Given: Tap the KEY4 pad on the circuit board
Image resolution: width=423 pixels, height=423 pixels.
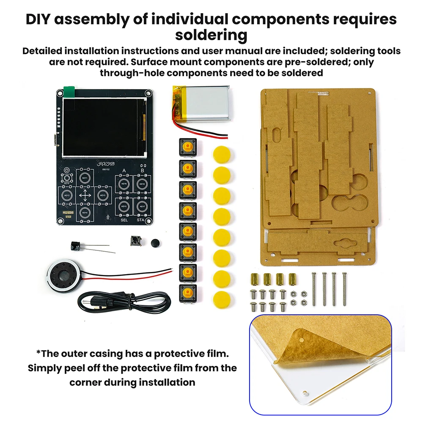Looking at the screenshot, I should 85,212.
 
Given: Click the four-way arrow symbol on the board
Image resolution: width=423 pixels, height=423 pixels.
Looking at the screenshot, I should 85,195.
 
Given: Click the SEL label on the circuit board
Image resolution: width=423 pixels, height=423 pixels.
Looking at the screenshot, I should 124,220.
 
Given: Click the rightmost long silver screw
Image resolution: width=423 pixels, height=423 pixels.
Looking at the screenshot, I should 344,289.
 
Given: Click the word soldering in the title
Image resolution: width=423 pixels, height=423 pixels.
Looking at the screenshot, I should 211,35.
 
